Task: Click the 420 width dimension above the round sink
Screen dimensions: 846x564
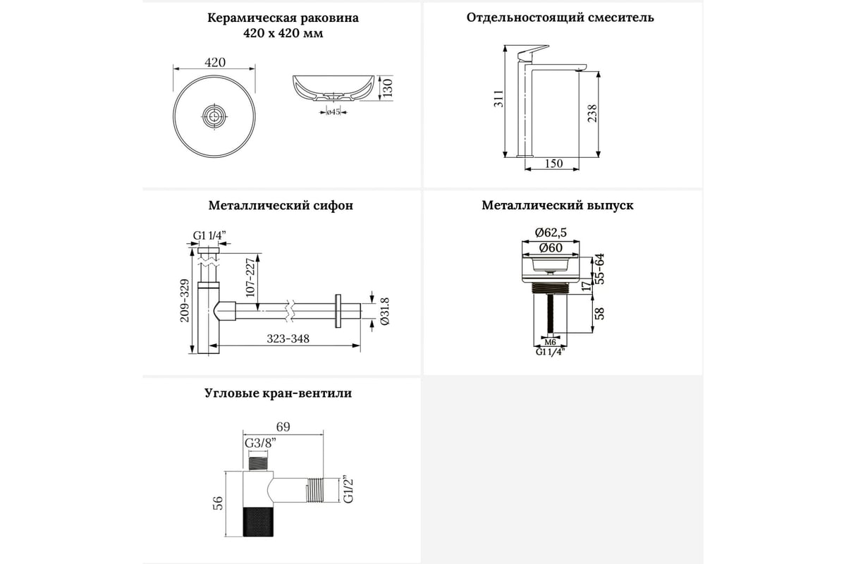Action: tap(215, 62)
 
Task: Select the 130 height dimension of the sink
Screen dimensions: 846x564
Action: tap(388, 88)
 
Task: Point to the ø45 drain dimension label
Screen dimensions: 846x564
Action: tap(333, 112)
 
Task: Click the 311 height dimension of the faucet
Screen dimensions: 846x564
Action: tap(498, 99)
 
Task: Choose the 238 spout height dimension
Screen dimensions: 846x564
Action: tap(591, 114)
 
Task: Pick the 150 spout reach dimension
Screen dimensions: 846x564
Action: tap(553, 164)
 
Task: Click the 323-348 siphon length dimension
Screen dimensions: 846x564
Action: tap(288, 338)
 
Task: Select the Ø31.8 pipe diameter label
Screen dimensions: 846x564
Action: tap(384, 312)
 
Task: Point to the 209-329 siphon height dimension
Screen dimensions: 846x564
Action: tap(184, 301)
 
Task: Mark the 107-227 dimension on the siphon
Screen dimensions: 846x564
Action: tap(250, 278)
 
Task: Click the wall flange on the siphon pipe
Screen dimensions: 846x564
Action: tap(338, 311)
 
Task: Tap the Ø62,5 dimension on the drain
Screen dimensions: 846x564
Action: tap(551, 233)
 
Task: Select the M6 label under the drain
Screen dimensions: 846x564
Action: tap(551, 342)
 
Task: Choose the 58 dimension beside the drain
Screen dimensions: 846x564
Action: tap(599, 314)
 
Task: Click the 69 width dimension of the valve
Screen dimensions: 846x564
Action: tap(283, 427)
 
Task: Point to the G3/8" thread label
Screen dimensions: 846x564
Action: tap(260, 443)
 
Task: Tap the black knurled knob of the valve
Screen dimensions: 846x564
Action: tap(258, 522)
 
